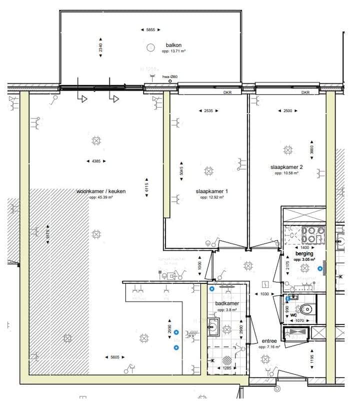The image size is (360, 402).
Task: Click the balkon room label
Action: point(173,46)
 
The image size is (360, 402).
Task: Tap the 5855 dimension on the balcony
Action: point(149,30)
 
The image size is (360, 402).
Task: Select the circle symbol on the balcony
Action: point(149,48)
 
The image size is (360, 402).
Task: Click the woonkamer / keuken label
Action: point(101,191)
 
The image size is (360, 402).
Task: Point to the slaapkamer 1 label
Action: point(211,191)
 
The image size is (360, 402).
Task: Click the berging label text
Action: point(304,254)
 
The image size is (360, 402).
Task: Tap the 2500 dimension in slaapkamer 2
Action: point(287,111)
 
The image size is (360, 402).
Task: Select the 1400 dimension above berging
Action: point(304,247)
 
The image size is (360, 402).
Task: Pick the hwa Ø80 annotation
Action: point(170,77)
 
